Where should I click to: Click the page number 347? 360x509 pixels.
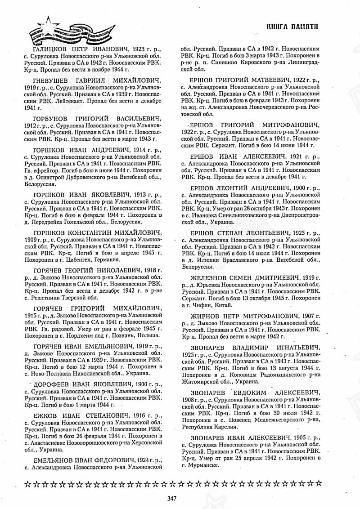pyautogui.click(x=171, y=498)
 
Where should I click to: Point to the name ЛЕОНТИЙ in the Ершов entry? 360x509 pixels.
pyautogui.click(x=237, y=187)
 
